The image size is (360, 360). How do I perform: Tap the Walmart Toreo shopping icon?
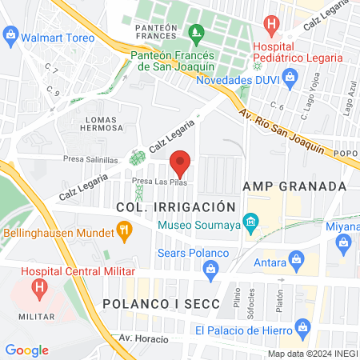click(10, 34)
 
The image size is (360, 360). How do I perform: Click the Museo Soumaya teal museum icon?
click(251, 220)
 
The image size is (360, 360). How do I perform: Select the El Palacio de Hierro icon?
click(302, 326)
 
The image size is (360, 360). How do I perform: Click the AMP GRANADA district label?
click(294, 186)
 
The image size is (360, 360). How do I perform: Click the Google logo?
click(26, 350)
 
